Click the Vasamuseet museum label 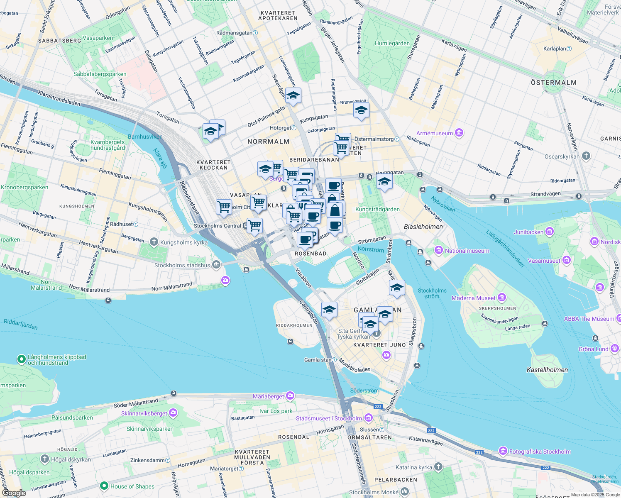[x=544, y=261]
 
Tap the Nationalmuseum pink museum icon [x=438, y=250]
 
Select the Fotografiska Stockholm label [x=540, y=452]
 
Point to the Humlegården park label [x=392, y=43]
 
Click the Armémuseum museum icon [x=459, y=133]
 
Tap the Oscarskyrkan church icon [x=586, y=156]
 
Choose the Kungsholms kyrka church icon [x=154, y=242]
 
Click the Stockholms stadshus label [x=182, y=265]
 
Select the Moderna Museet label [x=473, y=298]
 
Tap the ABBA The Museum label [x=589, y=319]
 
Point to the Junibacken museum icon [x=550, y=232]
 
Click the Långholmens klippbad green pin [x=21, y=359]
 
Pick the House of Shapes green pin [x=104, y=486]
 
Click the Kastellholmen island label [x=547, y=370]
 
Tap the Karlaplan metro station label [x=555, y=49]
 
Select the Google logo [x=14, y=493]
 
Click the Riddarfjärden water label [x=20, y=324]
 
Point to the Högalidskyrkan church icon [x=45, y=459]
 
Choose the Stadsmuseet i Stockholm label [x=329, y=418]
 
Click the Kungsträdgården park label [x=377, y=209]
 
